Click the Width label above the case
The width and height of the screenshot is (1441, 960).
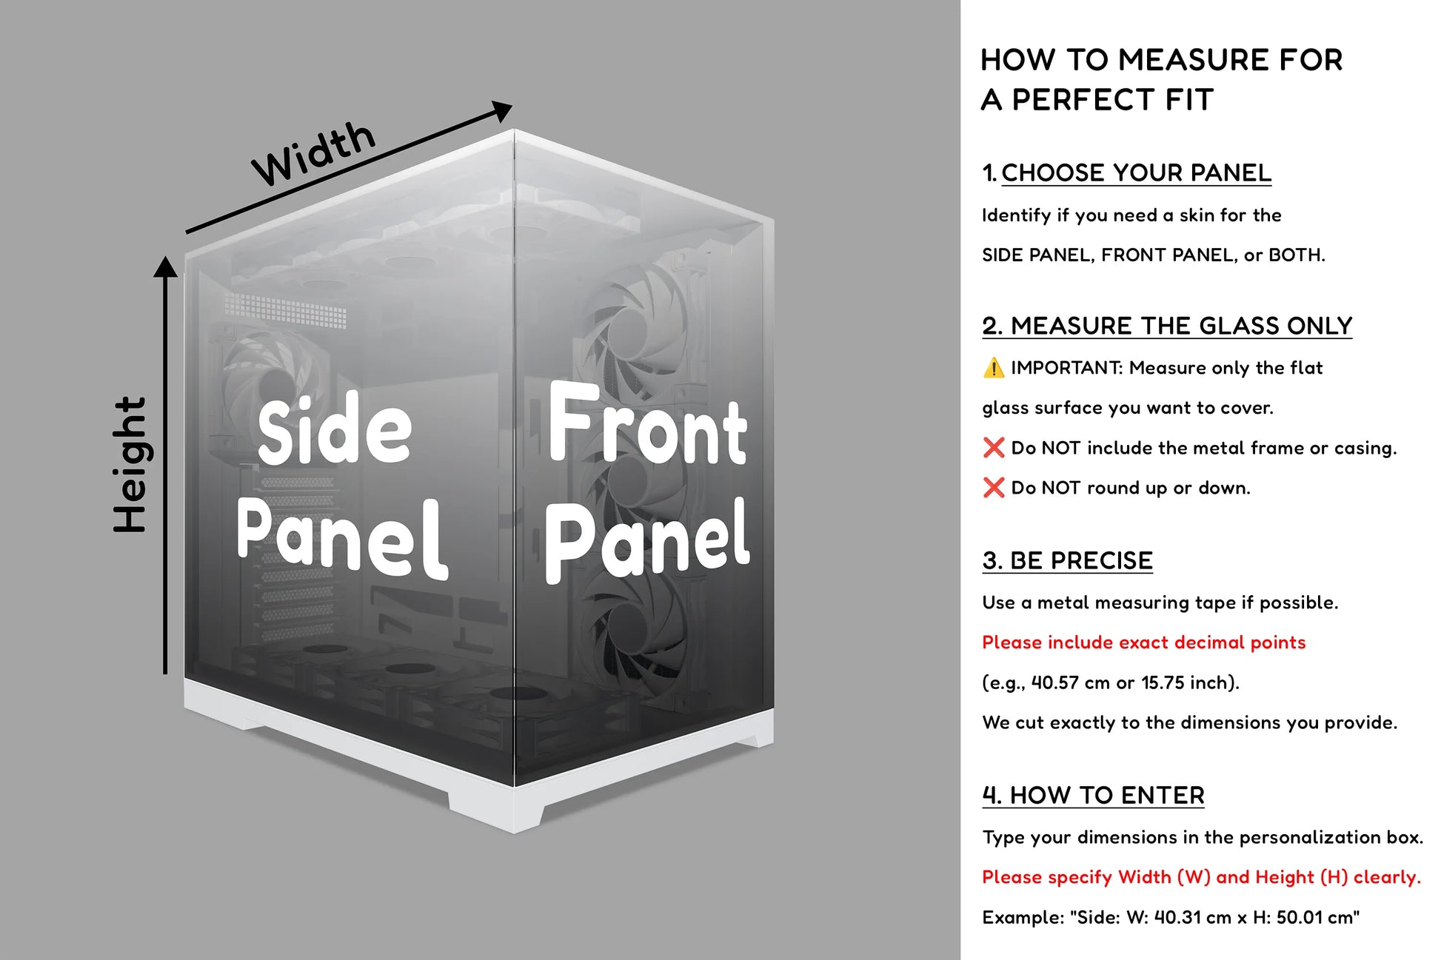(314, 154)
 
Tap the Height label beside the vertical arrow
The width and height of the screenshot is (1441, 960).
(131, 465)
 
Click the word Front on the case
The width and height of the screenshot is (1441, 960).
(648, 426)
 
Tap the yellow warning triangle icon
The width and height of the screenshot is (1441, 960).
(993, 368)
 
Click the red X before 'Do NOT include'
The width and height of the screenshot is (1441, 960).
(993, 448)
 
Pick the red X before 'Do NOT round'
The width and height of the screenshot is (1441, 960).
(993, 488)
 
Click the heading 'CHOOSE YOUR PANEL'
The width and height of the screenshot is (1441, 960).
(1136, 173)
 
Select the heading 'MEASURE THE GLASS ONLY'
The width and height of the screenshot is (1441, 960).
(1181, 326)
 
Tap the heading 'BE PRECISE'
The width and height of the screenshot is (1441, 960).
(1081, 561)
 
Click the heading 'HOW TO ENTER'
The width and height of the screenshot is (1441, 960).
(1107, 796)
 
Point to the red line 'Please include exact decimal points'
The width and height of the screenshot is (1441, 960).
(1143, 642)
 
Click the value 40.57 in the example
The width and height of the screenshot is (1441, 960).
(1054, 682)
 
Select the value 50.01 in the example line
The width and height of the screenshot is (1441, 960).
(1301, 918)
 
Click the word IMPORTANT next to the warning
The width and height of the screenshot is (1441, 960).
(1066, 368)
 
